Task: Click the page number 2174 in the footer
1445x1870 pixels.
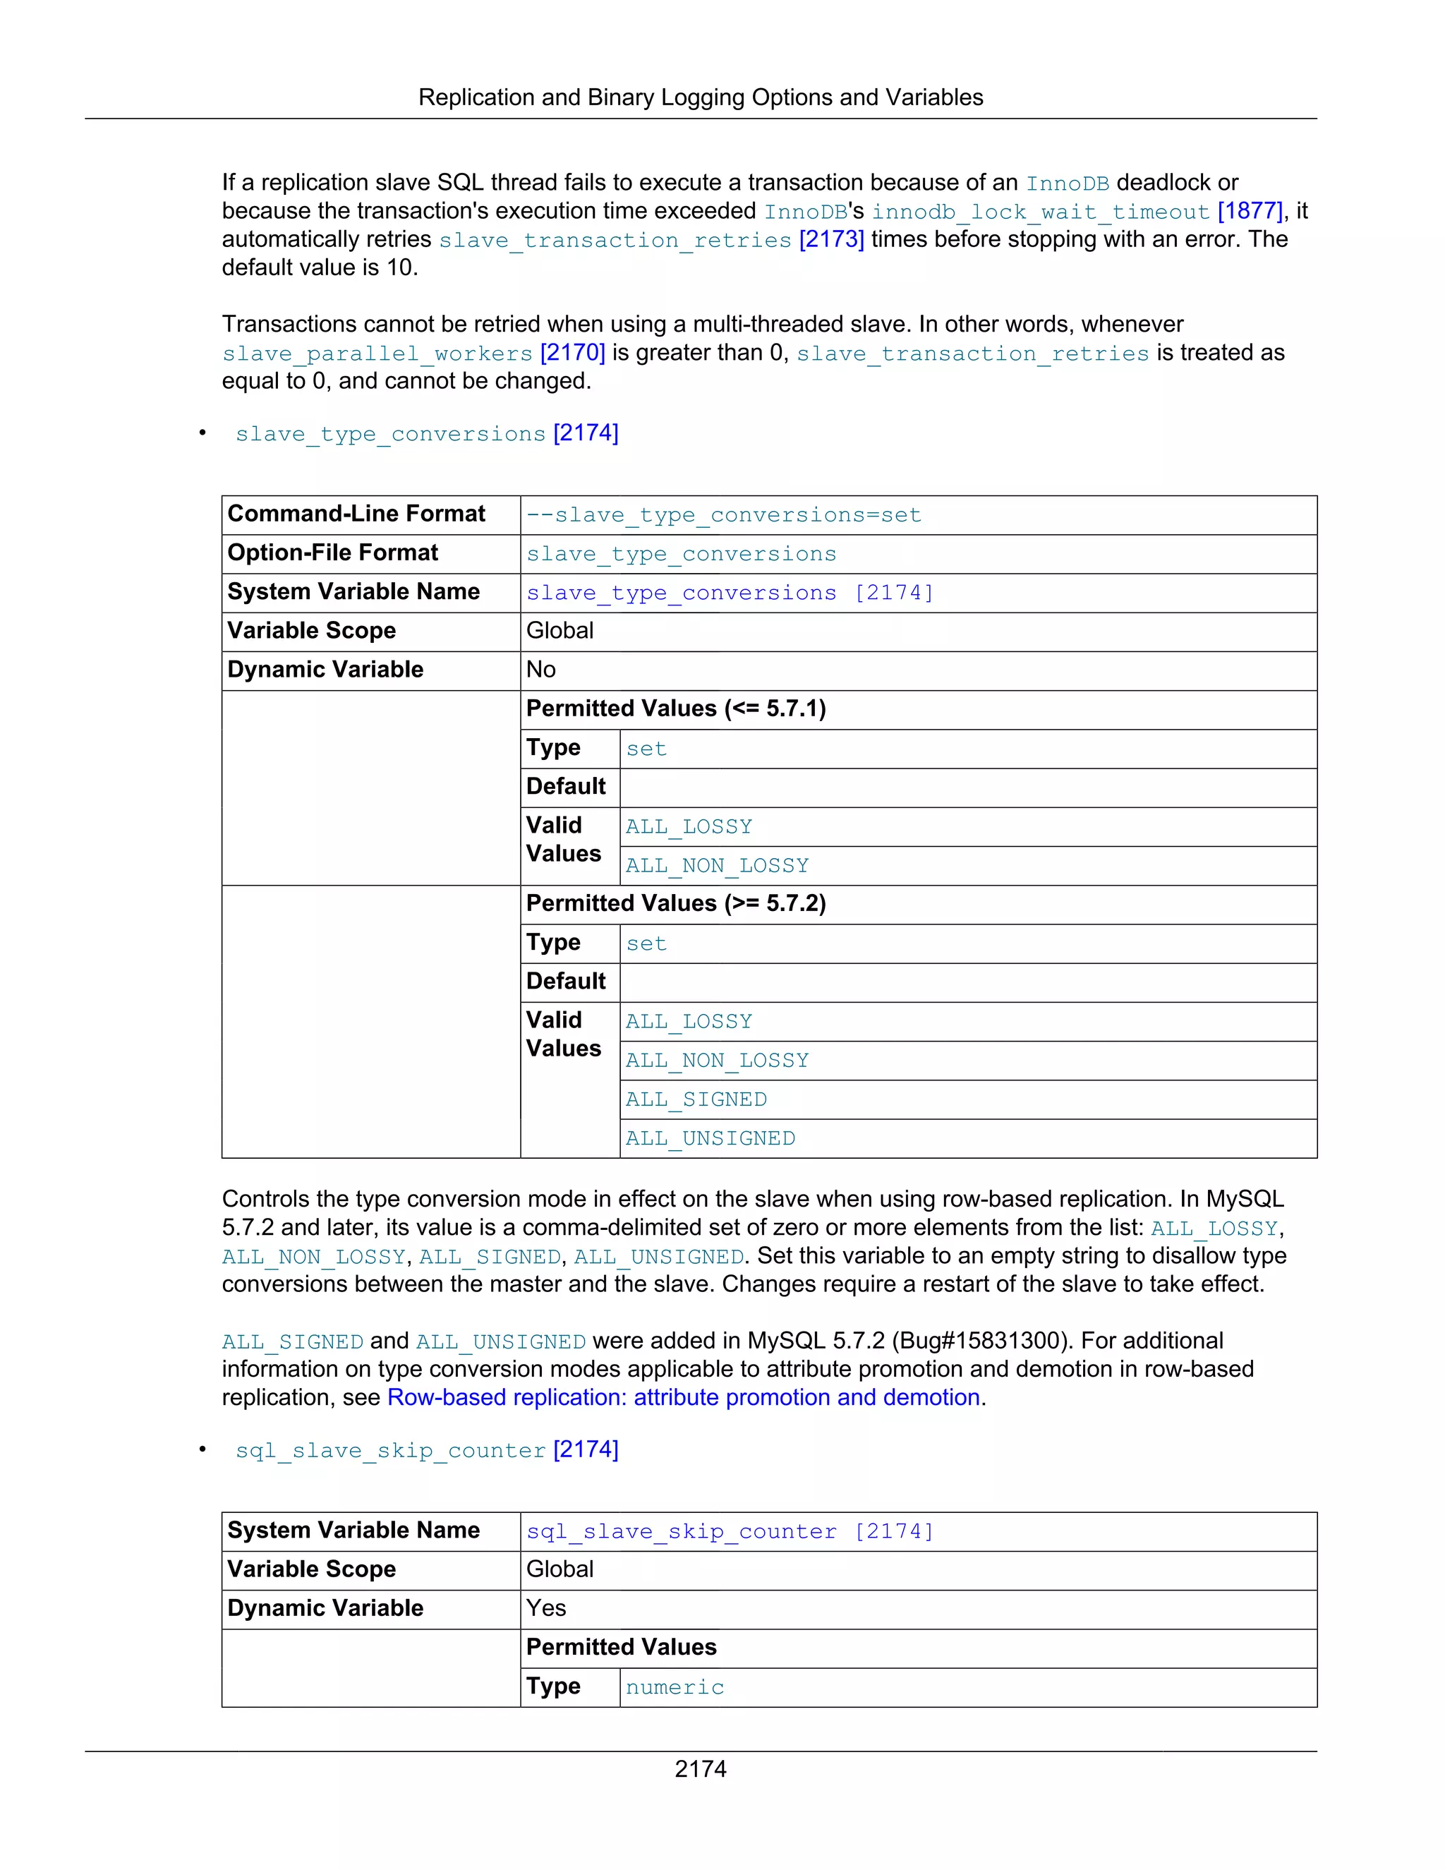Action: [699, 1768]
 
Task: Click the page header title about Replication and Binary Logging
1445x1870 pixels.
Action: [699, 97]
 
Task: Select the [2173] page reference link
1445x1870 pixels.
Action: [830, 239]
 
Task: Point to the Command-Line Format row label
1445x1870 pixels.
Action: [356, 514]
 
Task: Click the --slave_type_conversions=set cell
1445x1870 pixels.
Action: [723, 514]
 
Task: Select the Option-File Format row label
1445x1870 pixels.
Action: [332, 553]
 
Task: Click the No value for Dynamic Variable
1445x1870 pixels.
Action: [540, 670]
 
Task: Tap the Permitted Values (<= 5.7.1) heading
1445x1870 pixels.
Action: [675, 709]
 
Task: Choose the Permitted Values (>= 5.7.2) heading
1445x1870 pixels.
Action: [675, 903]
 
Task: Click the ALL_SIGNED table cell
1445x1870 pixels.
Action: [696, 1099]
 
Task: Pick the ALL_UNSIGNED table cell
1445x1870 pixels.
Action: [710, 1139]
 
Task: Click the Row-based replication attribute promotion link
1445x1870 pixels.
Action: [683, 1397]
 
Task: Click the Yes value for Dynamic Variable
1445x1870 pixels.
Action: [545, 1608]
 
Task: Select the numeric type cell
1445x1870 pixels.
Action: [675, 1687]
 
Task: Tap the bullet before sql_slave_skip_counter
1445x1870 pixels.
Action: [203, 1449]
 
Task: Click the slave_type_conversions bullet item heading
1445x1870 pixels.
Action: [390, 434]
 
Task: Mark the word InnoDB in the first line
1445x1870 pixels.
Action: [1067, 183]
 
